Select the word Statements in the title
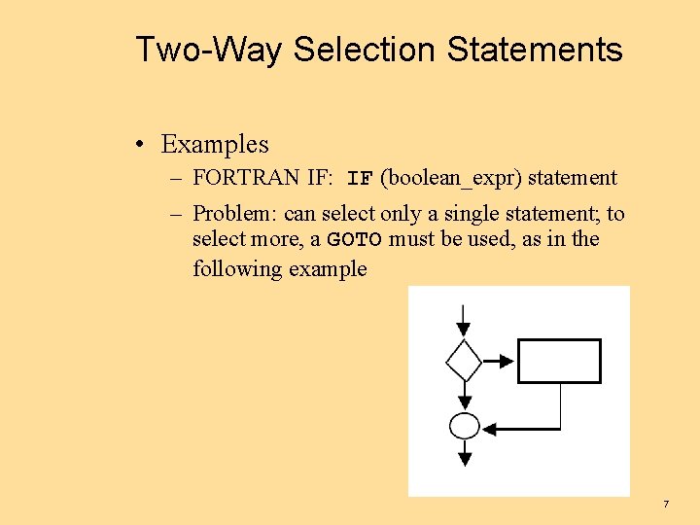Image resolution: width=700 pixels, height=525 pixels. (535, 49)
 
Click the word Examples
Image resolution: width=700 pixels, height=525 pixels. (215, 144)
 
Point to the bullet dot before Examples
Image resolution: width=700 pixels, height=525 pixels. (142, 145)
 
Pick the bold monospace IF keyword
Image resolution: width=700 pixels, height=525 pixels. (360, 179)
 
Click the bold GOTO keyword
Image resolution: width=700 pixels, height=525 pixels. (354, 240)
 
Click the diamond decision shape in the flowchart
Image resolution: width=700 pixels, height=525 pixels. (464, 361)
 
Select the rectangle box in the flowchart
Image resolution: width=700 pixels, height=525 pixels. (559, 361)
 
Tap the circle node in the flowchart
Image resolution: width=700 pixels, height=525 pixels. (465, 426)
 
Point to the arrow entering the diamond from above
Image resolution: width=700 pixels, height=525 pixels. (464, 320)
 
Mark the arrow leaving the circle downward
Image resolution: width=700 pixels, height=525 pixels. (465, 451)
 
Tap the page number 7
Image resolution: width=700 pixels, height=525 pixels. (666, 504)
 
